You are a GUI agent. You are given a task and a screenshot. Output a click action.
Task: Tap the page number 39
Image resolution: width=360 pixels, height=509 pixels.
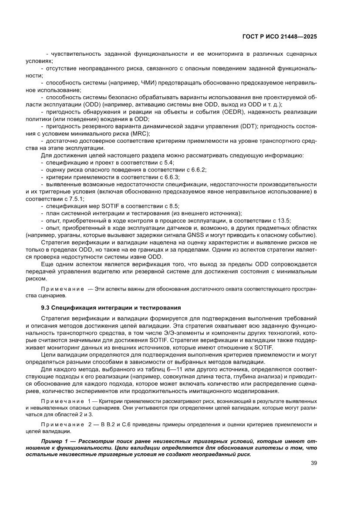(x=313, y=463)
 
